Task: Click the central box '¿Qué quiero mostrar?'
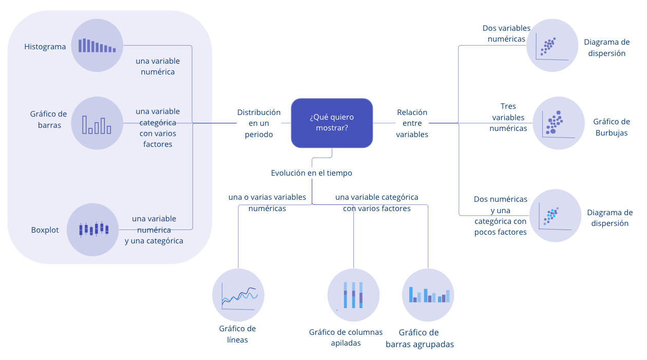coord(332,123)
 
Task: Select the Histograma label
coord(45,47)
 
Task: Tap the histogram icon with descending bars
coord(97,45)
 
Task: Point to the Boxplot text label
coord(45,230)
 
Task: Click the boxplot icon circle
coord(93,230)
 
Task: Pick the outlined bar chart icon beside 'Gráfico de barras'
coord(97,123)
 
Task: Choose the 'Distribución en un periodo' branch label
coord(259,123)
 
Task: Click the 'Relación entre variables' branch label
coord(412,123)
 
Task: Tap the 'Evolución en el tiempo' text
coord(312,173)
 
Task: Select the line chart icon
coord(238,295)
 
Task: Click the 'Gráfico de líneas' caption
coord(237,334)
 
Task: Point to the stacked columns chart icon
coord(353,295)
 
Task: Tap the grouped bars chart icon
coord(428,294)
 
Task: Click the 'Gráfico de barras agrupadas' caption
coord(420,338)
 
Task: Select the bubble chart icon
coord(559,123)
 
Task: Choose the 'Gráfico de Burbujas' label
coord(611,127)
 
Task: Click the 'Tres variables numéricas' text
coord(508,118)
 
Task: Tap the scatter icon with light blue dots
coord(555,215)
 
